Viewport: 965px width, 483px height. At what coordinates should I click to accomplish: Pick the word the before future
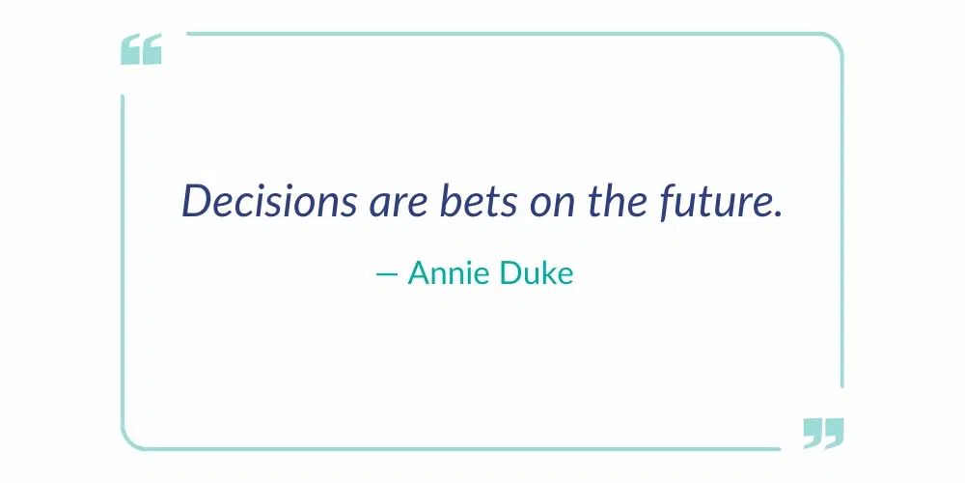(x=609, y=201)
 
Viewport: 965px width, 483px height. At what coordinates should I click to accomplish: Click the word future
(x=711, y=201)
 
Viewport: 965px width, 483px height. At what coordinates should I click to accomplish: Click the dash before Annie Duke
(x=386, y=275)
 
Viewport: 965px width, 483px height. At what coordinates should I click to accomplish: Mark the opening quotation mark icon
(x=141, y=50)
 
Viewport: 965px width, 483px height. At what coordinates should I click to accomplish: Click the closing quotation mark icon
(x=823, y=433)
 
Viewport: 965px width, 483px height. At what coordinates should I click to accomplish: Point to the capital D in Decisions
(x=198, y=201)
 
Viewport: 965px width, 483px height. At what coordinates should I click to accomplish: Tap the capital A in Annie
(x=420, y=273)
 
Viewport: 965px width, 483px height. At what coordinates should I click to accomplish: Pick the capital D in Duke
(x=511, y=273)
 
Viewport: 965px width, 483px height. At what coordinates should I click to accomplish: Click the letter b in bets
(x=448, y=201)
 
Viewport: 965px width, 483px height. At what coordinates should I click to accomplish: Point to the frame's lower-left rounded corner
(x=131, y=440)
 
